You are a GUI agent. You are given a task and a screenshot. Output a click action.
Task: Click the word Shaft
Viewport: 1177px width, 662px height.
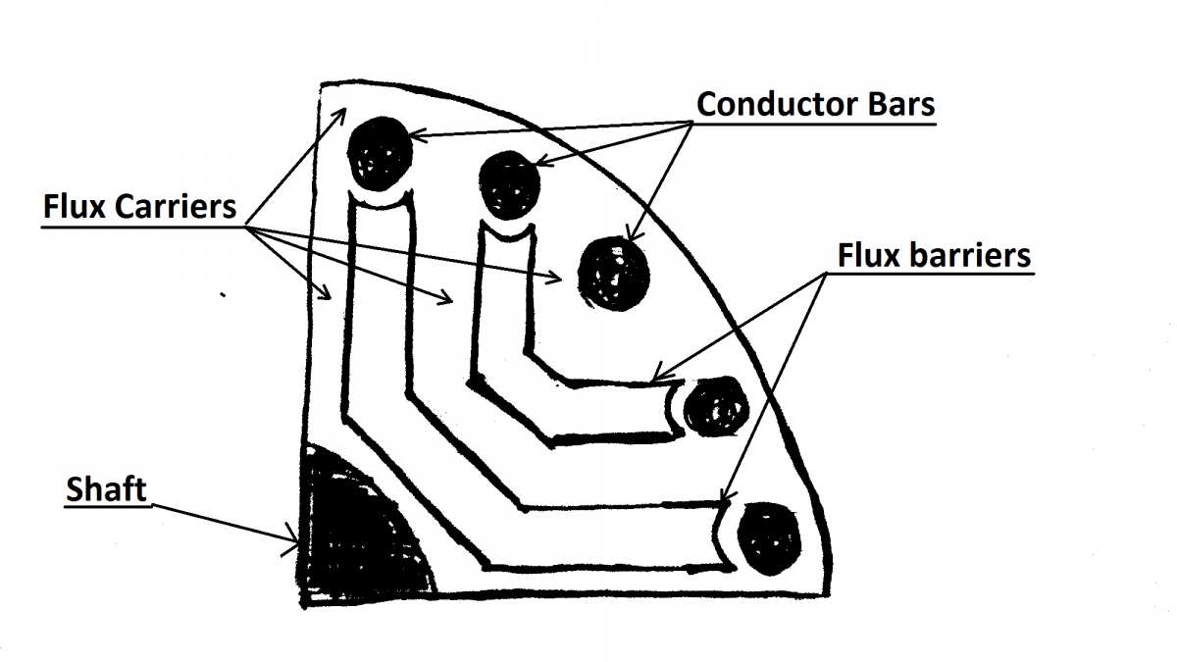(x=106, y=488)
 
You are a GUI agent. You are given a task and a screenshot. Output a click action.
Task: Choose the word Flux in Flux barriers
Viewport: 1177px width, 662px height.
(x=861, y=255)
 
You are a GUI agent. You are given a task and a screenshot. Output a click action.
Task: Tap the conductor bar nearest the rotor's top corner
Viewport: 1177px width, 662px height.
(x=380, y=151)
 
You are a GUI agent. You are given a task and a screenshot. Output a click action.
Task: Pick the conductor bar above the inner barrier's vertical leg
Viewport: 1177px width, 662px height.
(x=509, y=183)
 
